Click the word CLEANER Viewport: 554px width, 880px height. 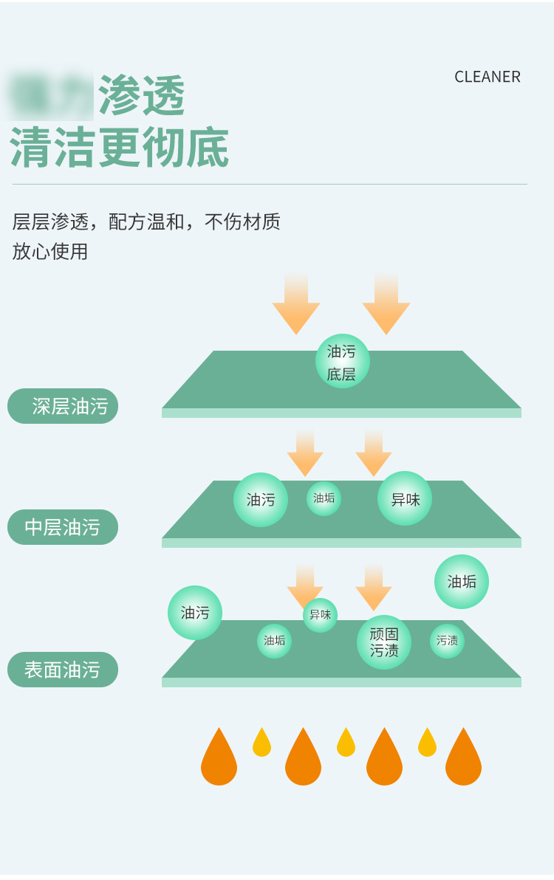coord(488,77)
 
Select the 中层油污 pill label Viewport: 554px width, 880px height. coord(63,527)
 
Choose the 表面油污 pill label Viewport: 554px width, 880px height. coord(63,670)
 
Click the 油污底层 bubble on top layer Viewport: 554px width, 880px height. coord(342,362)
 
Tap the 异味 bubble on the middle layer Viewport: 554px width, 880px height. coord(405,499)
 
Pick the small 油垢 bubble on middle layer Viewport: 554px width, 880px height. coord(324,498)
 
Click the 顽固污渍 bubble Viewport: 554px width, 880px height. coord(384,642)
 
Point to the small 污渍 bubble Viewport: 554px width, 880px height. coord(447,641)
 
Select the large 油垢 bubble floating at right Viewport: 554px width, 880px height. coord(462,582)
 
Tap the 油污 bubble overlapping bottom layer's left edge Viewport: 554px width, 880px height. coord(195,613)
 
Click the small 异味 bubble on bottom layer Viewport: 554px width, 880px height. coord(320,615)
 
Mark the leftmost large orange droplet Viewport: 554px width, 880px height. coord(219,757)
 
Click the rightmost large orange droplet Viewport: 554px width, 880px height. coord(463,757)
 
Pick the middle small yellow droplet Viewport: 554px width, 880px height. coord(346,743)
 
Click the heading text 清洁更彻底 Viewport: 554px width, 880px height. coord(120,148)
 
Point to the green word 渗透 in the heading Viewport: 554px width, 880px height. coord(141,96)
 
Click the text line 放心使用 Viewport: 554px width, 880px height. coord(50,252)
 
